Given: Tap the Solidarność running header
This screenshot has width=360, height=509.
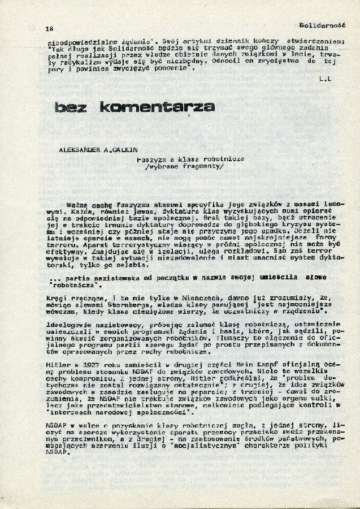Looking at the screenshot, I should coord(319,25).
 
